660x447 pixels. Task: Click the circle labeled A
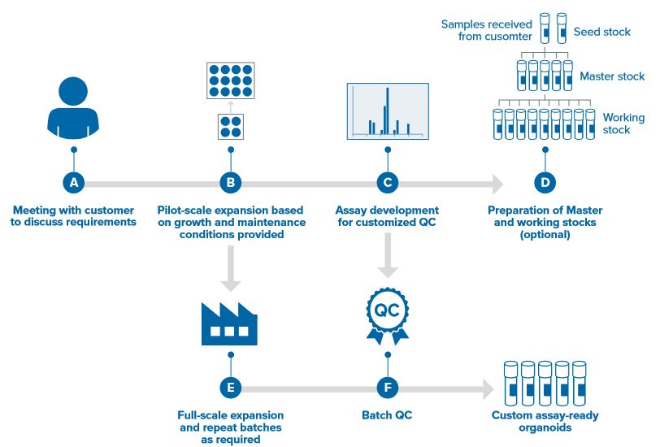tap(74, 183)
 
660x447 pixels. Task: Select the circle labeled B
tap(231, 183)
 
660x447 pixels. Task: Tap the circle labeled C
tap(388, 183)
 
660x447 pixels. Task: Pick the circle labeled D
tap(545, 183)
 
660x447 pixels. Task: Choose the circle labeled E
tap(231, 388)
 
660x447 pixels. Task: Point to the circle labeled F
tap(388, 388)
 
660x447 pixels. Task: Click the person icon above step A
tap(73, 108)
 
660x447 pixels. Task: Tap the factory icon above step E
tap(229, 324)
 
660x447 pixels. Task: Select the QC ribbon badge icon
tap(387, 315)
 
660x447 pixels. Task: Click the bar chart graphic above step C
tap(388, 111)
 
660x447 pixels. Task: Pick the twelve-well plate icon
tap(231, 80)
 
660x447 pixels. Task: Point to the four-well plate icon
tap(231, 127)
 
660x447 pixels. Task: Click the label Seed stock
tap(602, 32)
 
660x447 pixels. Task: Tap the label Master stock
tap(612, 76)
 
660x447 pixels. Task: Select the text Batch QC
tap(387, 415)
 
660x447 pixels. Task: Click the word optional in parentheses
tap(545, 234)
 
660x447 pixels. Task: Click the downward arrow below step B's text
tap(231, 268)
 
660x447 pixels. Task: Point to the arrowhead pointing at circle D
tap(498, 184)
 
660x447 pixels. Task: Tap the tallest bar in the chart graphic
tap(387, 111)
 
